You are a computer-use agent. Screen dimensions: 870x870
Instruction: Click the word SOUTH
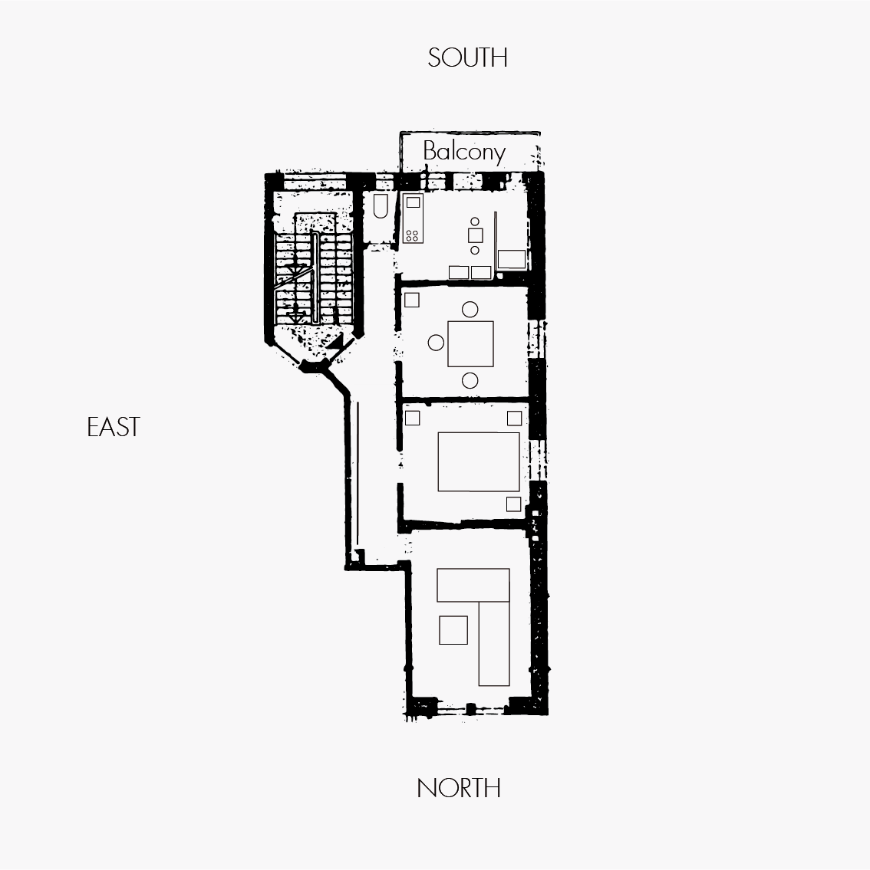467,57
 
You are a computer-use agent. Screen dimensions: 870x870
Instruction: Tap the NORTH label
459,788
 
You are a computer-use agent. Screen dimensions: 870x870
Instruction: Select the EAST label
114,427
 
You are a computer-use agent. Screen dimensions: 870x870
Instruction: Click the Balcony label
464,152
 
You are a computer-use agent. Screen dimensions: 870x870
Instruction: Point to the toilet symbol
381,206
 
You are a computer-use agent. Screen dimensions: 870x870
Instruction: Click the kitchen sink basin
413,202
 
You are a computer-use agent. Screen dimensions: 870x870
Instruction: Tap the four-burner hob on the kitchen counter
413,235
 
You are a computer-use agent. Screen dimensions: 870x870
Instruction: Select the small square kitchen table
475,236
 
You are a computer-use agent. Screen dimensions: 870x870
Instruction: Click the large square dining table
471,344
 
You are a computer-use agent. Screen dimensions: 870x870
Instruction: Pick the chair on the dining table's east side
436,343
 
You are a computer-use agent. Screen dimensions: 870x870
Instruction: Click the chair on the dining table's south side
470,309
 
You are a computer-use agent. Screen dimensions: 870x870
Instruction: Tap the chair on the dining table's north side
470,381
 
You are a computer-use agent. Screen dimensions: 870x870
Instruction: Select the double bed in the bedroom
479,461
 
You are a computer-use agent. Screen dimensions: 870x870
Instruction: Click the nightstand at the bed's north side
513,504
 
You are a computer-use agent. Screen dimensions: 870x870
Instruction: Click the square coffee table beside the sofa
453,630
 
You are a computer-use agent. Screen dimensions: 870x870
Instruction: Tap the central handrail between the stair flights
315,277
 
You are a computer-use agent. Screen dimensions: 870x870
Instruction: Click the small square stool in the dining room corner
411,300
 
